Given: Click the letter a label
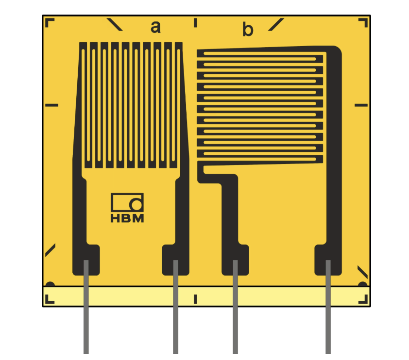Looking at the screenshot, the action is [x=155, y=27].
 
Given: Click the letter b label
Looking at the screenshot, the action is [x=248, y=29].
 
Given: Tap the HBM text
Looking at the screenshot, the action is [x=127, y=218].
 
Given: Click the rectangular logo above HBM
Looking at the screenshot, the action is [x=127, y=202].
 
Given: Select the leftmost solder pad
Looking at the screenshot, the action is [x=86, y=260].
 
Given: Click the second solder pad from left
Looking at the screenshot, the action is [x=175, y=260].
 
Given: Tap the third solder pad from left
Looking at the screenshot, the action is [x=235, y=260].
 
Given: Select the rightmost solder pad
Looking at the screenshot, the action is [x=328, y=260].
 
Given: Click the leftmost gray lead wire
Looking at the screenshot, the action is [x=86, y=307].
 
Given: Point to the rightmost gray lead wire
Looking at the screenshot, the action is [x=328, y=307].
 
